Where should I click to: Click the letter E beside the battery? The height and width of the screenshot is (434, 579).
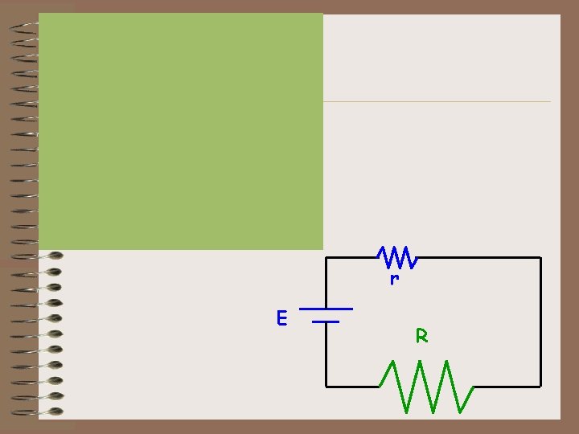pyautogui.click(x=281, y=318)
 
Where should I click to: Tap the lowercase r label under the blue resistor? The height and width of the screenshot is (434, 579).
pyautogui.click(x=394, y=280)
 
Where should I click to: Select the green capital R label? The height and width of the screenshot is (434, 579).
pyautogui.click(x=421, y=336)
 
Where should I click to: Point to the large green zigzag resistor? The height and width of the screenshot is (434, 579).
pyautogui.click(x=426, y=386)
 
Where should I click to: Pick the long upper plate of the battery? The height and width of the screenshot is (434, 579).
pyautogui.click(x=326, y=309)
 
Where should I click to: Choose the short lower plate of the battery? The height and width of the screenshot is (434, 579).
pyautogui.click(x=326, y=321)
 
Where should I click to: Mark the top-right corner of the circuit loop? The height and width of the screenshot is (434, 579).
pyautogui.click(x=540, y=258)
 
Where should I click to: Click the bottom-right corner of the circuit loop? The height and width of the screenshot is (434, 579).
pyautogui.click(x=540, y=386)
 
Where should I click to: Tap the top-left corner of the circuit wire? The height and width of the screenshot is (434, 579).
pyautogui.click(x=326, y=258)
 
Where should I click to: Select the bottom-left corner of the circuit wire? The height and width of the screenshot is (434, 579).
pyautogui.click(x=326, y=386)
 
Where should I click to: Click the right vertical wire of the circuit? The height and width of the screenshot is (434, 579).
pyautogui.click(x=540, y=321)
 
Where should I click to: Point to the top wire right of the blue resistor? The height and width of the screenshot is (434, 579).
pyautogui.click(x=478, y=258)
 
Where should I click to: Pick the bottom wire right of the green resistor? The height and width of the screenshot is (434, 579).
pyautogui.click(x=507, y=386)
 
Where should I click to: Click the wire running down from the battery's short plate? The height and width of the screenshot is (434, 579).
pyautogui.click(x=326, y=354)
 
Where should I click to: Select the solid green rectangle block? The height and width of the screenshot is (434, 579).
pyautogui.click(x=181, y=131)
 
